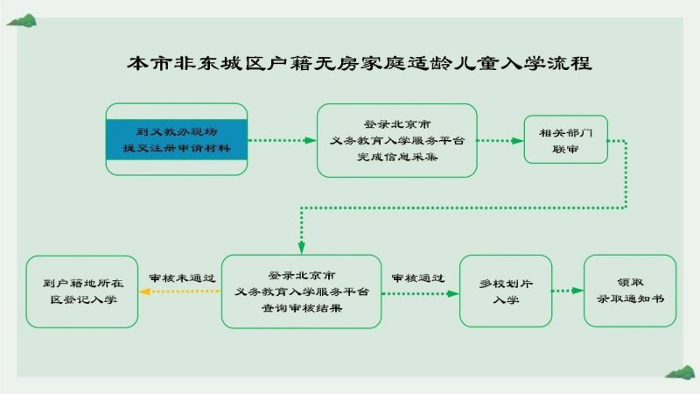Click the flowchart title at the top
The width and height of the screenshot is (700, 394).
(360, 63)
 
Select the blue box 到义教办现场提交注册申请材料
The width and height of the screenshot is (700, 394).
(177, 139)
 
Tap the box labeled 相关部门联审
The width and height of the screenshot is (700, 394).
(565, 139)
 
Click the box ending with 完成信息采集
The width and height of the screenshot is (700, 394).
(397, 140)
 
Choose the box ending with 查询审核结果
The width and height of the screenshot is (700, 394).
(301, 292)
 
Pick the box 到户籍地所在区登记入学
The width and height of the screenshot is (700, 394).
(82, 292)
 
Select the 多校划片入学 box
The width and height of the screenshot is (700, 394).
(506, 292)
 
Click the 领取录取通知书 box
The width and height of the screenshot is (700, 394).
(630, 291)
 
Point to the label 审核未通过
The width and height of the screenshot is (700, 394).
(182, 278)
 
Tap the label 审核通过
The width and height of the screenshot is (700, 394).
(418, 278)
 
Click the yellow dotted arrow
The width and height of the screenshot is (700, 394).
(179, 292)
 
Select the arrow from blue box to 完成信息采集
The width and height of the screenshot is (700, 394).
(282, 140)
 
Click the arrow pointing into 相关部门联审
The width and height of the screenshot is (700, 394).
(500, 141)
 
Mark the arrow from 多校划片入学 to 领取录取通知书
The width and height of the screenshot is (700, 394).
(568, 291)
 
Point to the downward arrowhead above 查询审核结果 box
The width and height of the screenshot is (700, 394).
(302, 248)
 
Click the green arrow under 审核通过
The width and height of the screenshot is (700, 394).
(421, 293)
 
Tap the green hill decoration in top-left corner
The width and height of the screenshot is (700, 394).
(21, 20)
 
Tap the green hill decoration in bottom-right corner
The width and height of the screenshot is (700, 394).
(680, 373)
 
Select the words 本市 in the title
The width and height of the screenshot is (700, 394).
(148, 63)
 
